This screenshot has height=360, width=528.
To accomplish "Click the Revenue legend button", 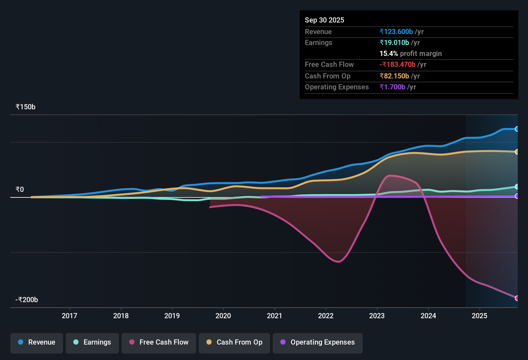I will click(x=37, y=342).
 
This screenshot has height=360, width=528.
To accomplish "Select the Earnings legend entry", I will click(x=92, y=342).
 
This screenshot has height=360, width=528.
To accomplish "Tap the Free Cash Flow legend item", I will click(x=159, y=342).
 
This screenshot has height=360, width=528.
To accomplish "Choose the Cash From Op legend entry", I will click(x=234, y=342).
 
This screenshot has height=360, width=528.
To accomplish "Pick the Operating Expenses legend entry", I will click(x=318, y=342).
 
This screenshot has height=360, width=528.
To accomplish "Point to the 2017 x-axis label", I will click(x=69, y=316).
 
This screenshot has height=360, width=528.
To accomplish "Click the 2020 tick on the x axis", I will click(x=223, y=316).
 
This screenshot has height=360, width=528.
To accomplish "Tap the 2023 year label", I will click(x=377, y=316).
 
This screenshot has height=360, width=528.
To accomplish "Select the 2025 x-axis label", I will click(x=479, y=316).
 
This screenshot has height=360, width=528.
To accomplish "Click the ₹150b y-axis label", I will click(x=25, y=107).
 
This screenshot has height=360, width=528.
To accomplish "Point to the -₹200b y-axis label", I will click(x=27, y=300).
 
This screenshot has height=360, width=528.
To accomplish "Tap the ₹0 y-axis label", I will click(x=20, y=190).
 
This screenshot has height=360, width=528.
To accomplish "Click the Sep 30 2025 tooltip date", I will click(x=324, y=20).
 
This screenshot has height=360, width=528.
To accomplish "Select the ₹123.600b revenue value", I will click(x=396, y=32).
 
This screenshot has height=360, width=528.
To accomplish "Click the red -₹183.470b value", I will click(x=397, y=65).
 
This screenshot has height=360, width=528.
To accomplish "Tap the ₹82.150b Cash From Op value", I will click(x=394, y=76).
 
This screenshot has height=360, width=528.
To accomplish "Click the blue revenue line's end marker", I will click(x=517, y=129).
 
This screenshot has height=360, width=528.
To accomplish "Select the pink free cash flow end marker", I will click(x=517, y=298).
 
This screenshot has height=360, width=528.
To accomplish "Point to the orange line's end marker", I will click(x=517, y=152).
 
